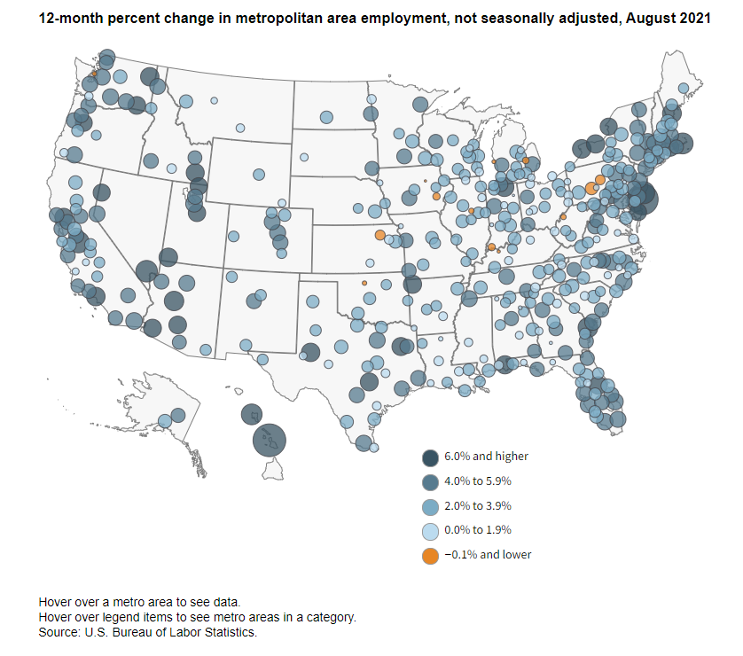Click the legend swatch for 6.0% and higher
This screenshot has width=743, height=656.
[430, 457]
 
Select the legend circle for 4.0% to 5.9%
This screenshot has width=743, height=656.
[430, 482]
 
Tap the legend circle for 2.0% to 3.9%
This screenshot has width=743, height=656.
[430, 507]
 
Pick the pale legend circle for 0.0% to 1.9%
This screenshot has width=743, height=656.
[430, 532]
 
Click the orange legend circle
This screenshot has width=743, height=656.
[430, 556]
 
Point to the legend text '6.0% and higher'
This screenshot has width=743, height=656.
[486, 457]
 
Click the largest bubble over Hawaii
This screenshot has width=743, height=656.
[270, 440]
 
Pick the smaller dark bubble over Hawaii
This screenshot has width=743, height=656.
[252, 414]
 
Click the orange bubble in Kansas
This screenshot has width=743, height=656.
[380, 235]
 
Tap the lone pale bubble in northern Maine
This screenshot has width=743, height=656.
[684, 88]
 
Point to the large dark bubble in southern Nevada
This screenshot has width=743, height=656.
[147, 272]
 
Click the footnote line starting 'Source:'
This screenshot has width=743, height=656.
[148, 632]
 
